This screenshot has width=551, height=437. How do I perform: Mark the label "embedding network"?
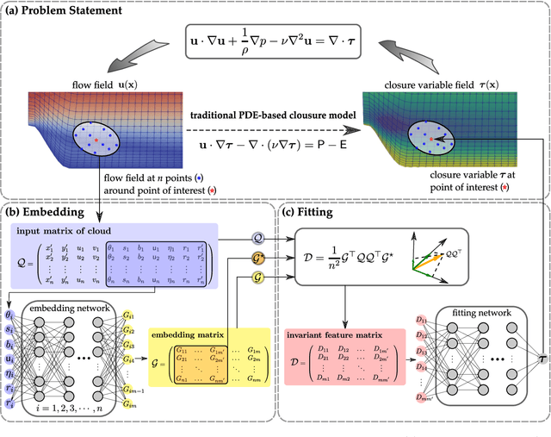(x=68, y=308)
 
